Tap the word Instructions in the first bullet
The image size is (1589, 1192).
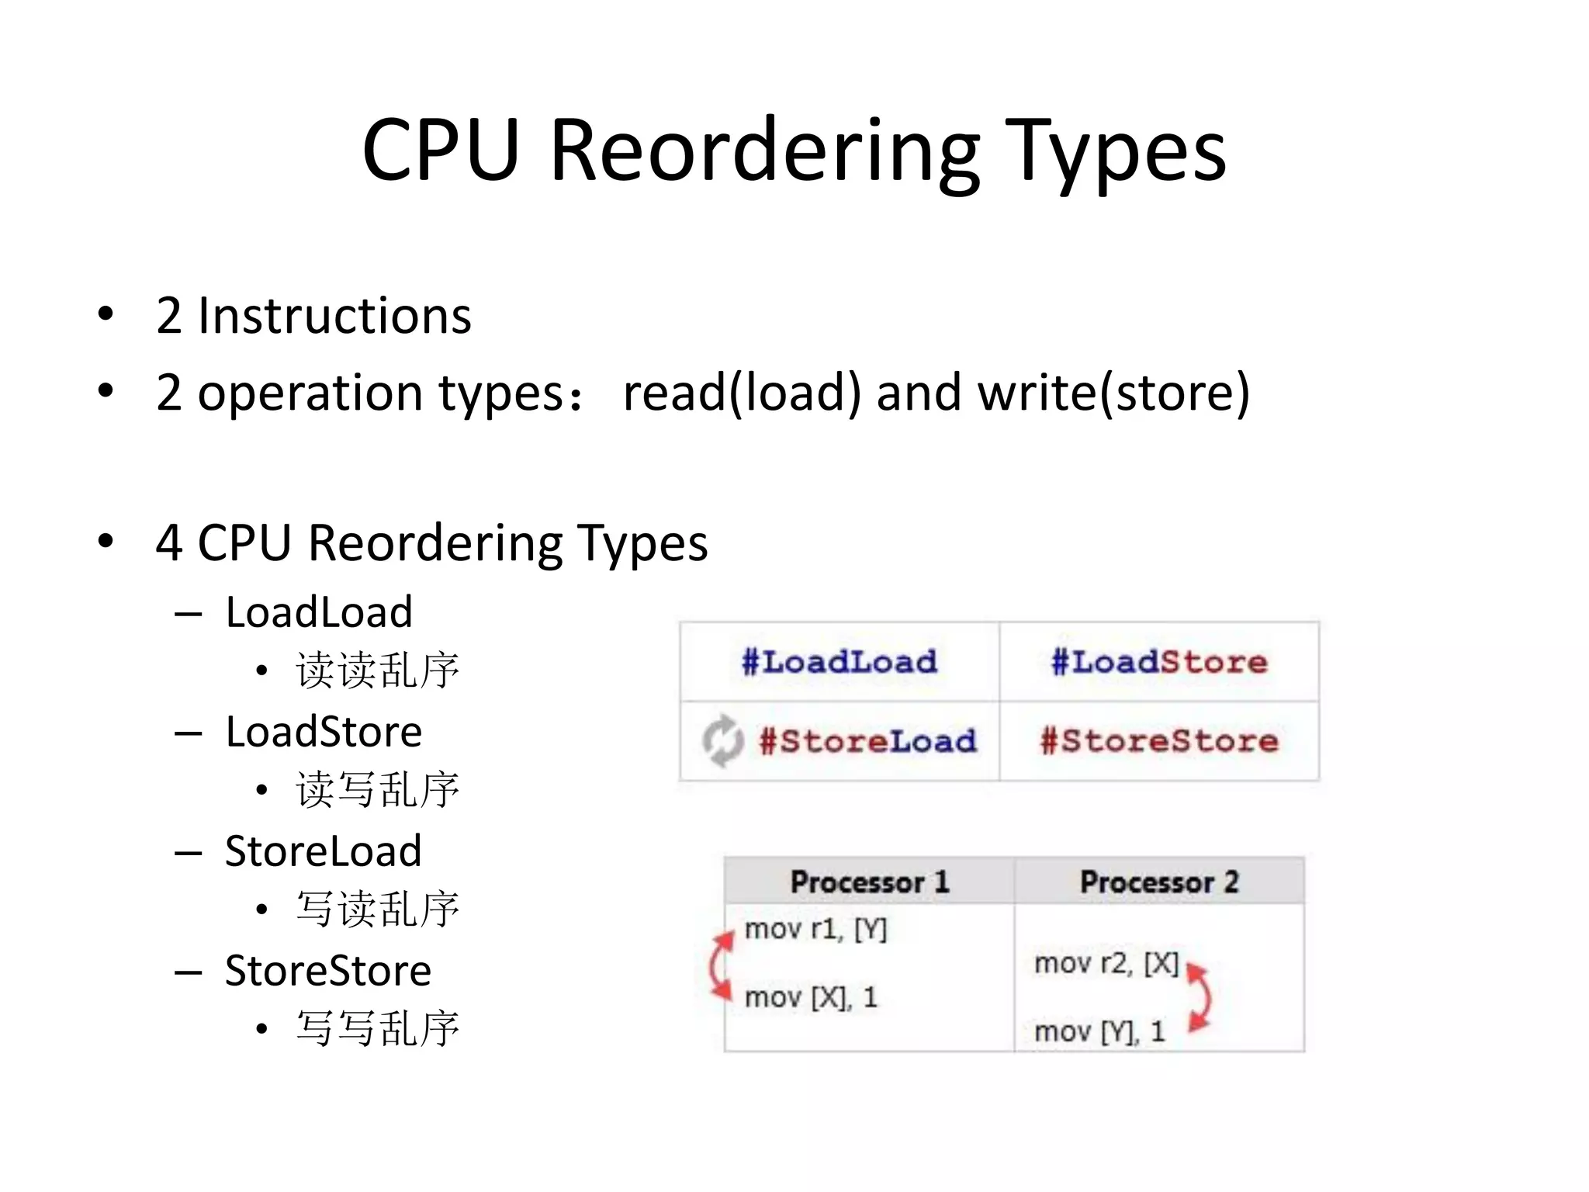click(x=334, y=317)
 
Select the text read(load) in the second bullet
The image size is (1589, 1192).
click(x=741, y=393)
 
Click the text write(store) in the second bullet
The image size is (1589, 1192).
click(x=1113, y=393)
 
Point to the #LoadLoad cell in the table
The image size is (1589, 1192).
click(x=840, y=662)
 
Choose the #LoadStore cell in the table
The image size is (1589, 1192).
click(x=1159, y=662)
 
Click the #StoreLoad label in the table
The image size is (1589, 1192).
click(x=867, y=741)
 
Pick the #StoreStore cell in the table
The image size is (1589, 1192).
click(x=1159, y=741)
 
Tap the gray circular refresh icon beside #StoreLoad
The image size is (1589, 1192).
click(x=722, y=740)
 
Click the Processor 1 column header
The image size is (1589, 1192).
click(x=869, y=882)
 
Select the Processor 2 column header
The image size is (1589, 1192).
click(x=1159, y=882)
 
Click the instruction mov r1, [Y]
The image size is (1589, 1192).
click(x=815, y=929)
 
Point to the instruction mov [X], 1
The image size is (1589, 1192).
click(x=811, y=997)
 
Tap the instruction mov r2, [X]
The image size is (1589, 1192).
click(x=1106, y=964)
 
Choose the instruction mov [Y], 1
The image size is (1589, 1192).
click(x=1099, y=1032)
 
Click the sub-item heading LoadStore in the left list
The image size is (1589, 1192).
click(x=324, y=732)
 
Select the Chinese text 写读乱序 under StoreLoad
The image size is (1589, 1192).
click(x=378, y=909)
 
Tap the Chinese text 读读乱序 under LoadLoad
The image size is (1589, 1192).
click(x=378, y=670)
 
